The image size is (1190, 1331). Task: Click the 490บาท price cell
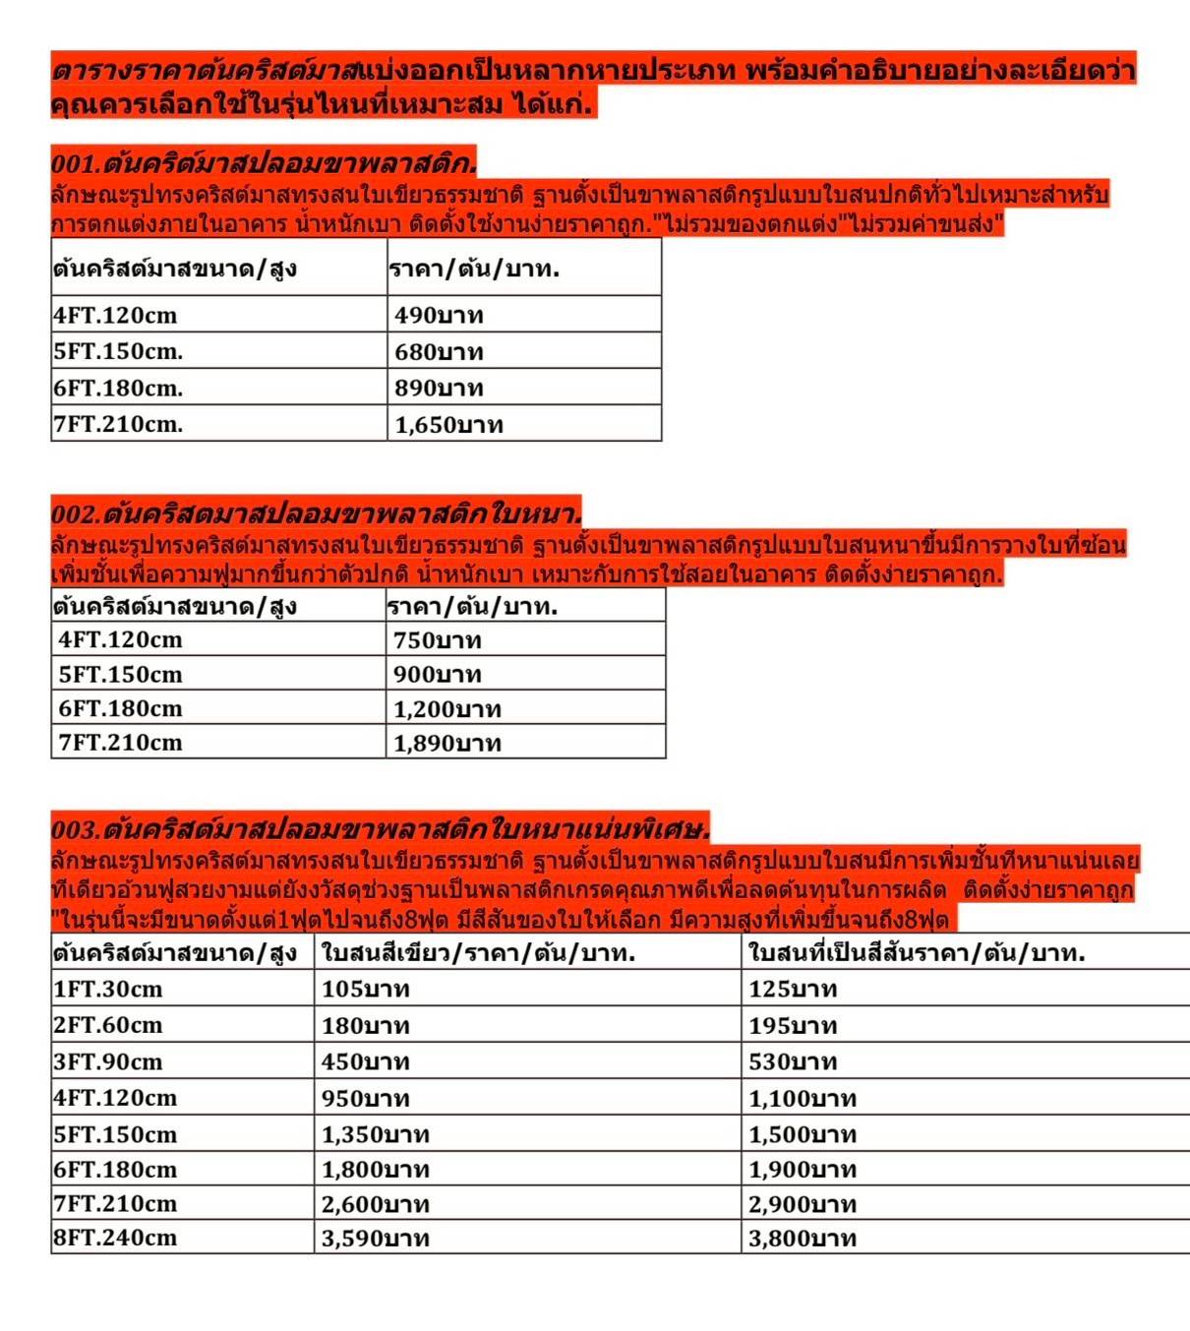[x=439, y=315]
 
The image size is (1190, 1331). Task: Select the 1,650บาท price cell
[x=448, y=425]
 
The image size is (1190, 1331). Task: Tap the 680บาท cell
[x=439, y=351]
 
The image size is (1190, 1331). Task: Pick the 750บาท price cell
[x=438, y=640]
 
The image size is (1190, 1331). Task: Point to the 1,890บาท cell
[x=447, y=743]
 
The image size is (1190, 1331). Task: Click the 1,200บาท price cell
[x=447, y=709]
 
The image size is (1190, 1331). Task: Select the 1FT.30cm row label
[x=108, y=989]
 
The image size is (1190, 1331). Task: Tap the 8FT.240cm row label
[x=115, y=1237]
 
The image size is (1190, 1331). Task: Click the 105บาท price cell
[x=366, y=989]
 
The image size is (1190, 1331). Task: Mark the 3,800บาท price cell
[x=803, y=1238]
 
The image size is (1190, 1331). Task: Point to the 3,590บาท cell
[x=376, y=1238]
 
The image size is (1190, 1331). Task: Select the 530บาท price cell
[x=793, y=1061]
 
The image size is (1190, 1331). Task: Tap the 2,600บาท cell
[x=376, y=1204]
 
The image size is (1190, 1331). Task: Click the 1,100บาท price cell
[x=803, y=1098]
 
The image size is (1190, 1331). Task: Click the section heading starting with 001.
[x=264, y=162]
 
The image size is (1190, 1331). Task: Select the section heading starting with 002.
[x=316, y=513]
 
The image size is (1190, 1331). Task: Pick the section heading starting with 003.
[x=380, y=827]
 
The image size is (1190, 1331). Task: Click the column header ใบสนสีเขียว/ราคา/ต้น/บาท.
[x=478, y=952]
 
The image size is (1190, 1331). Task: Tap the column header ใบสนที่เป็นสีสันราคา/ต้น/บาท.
[x=917, y=952]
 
